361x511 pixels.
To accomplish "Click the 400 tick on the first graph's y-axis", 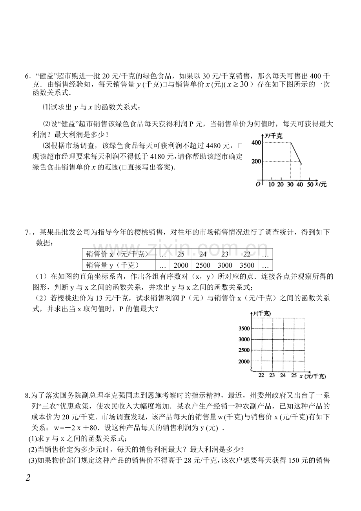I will (x=256, y=143).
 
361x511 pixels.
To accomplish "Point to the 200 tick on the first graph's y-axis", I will (x=256, y=162).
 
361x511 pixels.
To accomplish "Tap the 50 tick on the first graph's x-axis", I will (x=310, y=184).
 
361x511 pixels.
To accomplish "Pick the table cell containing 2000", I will (x=180, y=265).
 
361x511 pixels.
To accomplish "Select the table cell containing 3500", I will (x=246, y=265).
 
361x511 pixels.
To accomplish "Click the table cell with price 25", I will (x=180, y=254).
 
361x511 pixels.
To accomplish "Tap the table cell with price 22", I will (x=246, y=254).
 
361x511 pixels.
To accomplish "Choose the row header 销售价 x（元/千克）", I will (x=117, y=254).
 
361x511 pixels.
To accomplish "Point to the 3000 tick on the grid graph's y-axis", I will (x=244, y=339).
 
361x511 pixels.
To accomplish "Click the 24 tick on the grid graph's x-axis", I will (x=283, y=375).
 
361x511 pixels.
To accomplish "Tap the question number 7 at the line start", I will (x=27, y=232).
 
